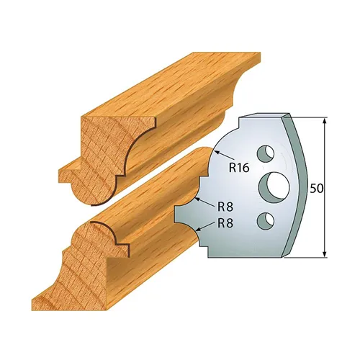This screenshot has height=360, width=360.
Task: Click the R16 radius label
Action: point(239,169)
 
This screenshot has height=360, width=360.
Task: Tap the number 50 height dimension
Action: point(316,188)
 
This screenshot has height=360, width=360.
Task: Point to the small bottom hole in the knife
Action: point(268,219)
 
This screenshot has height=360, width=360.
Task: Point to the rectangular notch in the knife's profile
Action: point(181,213)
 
